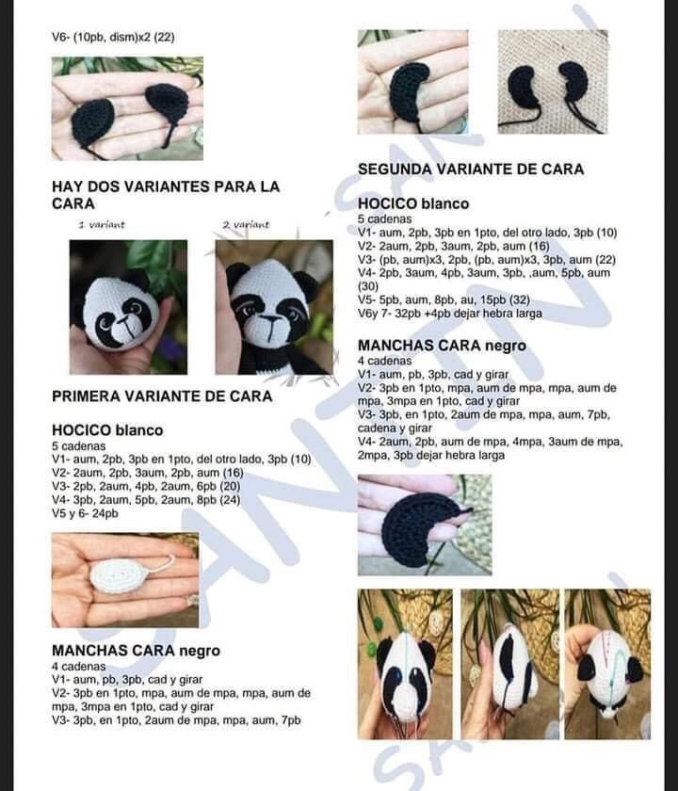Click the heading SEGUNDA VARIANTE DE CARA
pyautogui.click(x=471, y=169)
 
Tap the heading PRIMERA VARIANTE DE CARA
pyautogui.click(x=162, y=396)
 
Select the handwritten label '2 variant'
pyautogui.click(x=246, y=225)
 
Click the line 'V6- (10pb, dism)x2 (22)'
pyautogui.click(x=113, y=38)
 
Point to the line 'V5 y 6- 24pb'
pyautogui.click(x=85, y=514)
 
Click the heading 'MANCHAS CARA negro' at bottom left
pyautogui.click(x=136, y=650)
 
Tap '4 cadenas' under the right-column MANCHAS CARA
pyautogui.click(x=384, y=361)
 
